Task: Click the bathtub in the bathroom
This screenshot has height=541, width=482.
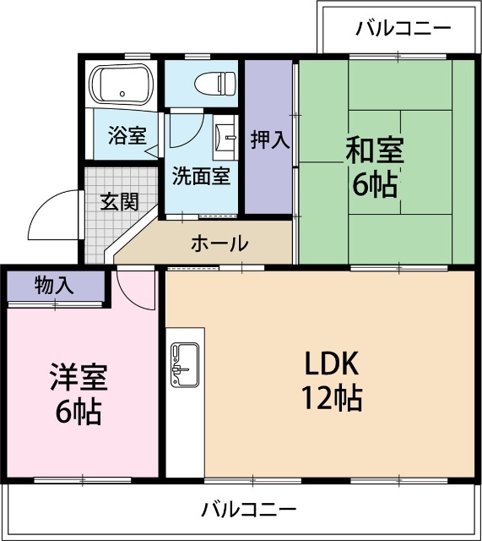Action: (x=123, y=85)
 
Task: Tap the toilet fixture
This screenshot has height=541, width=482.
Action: (x=214, y=84)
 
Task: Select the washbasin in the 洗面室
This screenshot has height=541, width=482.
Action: (x=225, y=137)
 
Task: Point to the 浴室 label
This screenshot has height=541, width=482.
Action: (x=127, y=135)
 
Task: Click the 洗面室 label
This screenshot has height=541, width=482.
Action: (x=201, y=177)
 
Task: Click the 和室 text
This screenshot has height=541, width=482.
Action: (x=374, y=150)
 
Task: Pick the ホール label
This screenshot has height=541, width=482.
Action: (x=219, y=244)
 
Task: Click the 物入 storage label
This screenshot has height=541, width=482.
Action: (x=54, y=286)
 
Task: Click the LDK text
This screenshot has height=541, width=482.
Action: (x=333, y=363)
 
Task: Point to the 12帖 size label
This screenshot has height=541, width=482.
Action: (x=333, y=396)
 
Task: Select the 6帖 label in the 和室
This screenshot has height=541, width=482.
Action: (x=375, y=184)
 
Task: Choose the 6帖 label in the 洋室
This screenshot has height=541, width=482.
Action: (x=78, y=413)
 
